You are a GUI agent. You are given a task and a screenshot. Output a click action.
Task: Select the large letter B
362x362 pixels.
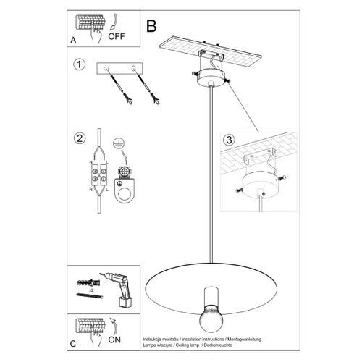point(151,26)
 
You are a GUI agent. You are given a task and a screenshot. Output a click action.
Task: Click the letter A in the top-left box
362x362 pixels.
point(74,40)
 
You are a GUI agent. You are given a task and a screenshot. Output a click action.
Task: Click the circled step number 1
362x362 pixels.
point(79,66)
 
